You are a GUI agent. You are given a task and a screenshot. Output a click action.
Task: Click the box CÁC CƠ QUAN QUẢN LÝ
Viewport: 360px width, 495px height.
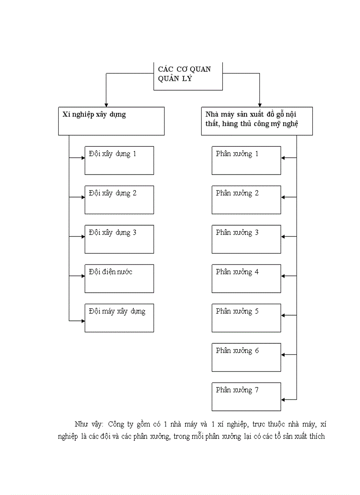tap(188, 76)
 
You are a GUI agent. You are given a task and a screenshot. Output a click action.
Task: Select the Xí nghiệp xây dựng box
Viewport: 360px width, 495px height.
tap(111, 121)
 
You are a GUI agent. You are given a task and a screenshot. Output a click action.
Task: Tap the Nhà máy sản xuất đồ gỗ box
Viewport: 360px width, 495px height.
tap(256, 121)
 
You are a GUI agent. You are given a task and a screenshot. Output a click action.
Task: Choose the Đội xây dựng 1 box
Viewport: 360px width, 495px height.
tap(119, 160)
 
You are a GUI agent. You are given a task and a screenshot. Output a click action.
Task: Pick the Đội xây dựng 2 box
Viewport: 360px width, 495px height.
tap(119, 200)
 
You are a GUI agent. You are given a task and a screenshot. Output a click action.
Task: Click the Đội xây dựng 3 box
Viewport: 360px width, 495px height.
tap(119, 239)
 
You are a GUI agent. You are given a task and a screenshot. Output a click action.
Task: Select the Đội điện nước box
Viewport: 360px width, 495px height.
tap(119, 278)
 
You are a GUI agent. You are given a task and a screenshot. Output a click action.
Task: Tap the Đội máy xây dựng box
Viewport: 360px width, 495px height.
tap(119, 317)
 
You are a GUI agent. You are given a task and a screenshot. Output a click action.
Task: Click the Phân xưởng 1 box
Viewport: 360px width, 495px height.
tap(246, 160)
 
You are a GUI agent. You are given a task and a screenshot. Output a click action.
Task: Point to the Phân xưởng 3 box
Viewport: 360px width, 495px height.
tap(246, 239)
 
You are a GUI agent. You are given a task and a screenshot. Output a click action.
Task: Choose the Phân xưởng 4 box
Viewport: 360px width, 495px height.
tap(246, 278)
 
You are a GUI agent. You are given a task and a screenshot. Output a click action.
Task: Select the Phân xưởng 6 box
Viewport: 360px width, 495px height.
tap(246, 357)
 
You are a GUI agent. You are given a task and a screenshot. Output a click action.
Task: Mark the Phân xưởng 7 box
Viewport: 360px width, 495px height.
tap(246, 396)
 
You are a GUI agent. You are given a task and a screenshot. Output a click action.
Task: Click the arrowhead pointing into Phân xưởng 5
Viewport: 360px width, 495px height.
tap(283, 316)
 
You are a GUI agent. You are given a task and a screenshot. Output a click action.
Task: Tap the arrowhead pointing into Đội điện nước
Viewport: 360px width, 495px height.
tap(82, 276)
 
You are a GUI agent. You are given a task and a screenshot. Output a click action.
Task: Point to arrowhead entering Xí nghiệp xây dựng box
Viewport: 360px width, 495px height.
tap(106, 104)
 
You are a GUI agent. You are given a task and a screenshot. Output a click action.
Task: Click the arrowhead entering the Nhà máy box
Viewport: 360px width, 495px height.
tap(259, 104)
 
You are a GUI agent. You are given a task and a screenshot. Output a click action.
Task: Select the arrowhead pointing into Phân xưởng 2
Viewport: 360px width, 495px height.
tap(283, 197)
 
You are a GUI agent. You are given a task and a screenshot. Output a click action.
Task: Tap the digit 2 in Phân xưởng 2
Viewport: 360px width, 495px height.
tap(256, 194)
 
